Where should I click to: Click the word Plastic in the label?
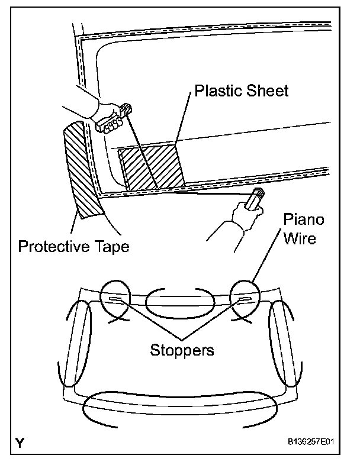216,91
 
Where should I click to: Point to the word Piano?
303,219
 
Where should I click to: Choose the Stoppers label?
182,350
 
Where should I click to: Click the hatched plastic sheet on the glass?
152,167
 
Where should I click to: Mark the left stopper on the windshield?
115,301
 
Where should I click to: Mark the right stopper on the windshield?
244,301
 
